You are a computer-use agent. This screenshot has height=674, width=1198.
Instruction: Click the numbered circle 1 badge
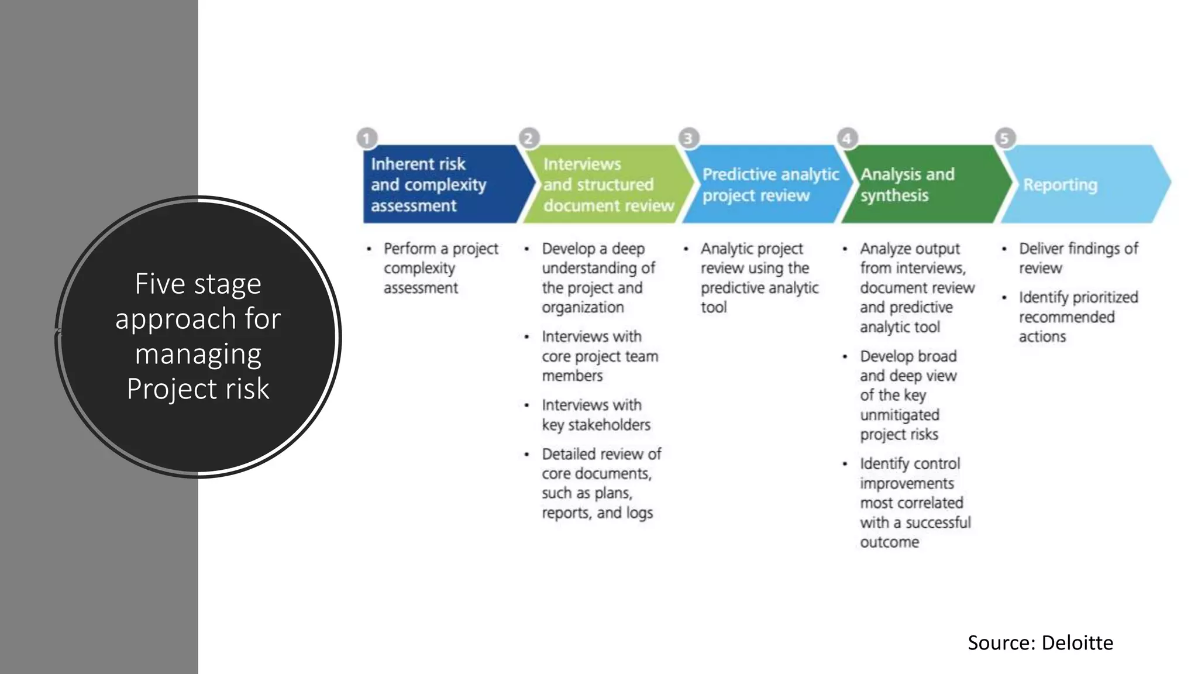coord(367,139)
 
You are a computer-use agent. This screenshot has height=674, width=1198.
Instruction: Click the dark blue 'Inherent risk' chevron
coord(439,184)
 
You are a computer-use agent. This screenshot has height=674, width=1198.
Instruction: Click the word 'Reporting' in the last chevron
coord(1060,185)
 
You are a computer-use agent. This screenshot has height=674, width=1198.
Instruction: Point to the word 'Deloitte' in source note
coord(1077,642)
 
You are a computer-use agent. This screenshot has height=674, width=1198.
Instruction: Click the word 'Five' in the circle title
coord(160,284)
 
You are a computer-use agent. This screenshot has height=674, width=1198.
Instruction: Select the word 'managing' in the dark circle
coord(198,355)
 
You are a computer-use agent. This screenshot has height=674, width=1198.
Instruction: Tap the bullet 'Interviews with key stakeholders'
coord(595,414)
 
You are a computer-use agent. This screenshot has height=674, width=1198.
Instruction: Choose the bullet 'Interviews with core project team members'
coord(599,356)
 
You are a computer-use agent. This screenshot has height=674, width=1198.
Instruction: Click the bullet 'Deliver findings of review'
coord(1077,258)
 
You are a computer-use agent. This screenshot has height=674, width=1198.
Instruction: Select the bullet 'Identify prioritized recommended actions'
coord(1077,317)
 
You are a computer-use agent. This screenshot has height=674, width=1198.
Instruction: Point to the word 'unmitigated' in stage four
coord(899,415)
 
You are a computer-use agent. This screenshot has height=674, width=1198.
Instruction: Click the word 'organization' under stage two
coord(582,307)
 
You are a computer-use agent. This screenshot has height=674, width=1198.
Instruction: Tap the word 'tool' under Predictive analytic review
coord(713,307)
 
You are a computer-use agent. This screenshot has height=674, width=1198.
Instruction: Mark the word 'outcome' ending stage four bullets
coord(889,542)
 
